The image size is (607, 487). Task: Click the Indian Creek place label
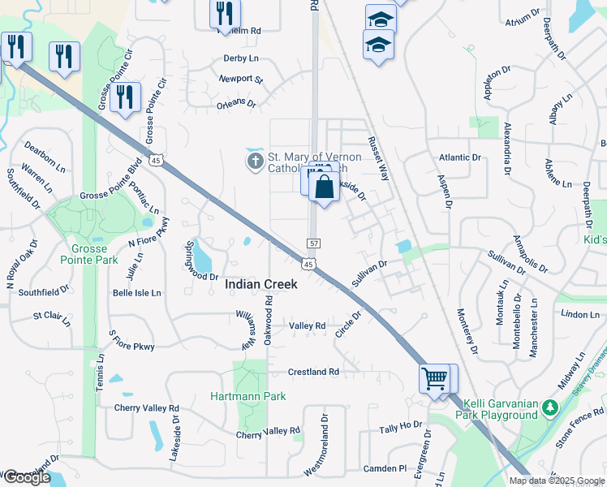tap(260, 284)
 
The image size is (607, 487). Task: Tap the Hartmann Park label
tap(248, 397)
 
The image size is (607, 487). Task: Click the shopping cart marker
tap(433, 378)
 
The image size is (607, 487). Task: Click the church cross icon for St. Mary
tap(255, 161)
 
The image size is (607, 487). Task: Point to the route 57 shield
tap(312, 243)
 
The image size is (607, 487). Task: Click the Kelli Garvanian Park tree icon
tap(549, 405)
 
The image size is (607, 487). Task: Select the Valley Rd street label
tap(308, 325)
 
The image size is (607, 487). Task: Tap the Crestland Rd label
tap(313, 372)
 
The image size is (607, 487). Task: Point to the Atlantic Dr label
tap(459, 157)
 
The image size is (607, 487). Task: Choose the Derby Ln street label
tap(240, 58)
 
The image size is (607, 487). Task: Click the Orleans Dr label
tap(236, 105)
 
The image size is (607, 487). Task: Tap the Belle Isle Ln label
tap(136, 292)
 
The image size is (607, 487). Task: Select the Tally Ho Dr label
tap(402, 425)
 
